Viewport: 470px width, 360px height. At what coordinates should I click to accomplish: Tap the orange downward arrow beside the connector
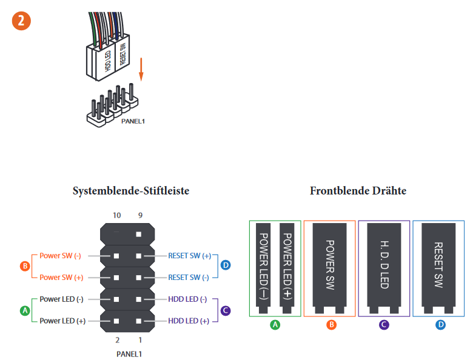pyautogui.click(x=141, y=68)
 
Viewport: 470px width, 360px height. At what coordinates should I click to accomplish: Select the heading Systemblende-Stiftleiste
pyautogui.click(x=131, y=191)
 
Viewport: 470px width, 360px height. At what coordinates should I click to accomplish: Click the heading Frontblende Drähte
pyautogui.click(x=358, y=191)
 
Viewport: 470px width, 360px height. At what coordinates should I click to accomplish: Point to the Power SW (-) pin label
pyautogui.click(x=61, y=256)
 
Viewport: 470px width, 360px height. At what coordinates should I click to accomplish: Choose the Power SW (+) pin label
pyautogui.click(x=61, y=277)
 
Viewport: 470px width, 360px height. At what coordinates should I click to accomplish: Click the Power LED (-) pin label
pyautogui.click(x=62, y=299)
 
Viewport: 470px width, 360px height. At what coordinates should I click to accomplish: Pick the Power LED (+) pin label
pyautogui.click(x=62, y=321)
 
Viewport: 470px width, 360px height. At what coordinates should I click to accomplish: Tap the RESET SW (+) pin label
pyautogui.click(x=190, y=256)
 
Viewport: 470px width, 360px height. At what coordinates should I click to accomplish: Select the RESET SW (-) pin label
pyautogui.click(x=190, y=277)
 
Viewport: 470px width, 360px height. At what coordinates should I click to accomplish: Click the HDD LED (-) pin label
pyautogui.click(x=188, y=299)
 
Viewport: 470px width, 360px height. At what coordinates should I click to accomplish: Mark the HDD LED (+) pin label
pyautogui.click(x=188, y=321)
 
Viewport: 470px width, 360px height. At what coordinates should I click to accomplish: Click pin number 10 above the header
pyautogui.click(x=117, y=215)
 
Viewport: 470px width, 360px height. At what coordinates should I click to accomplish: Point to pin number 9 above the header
pyautogui.click(x=140, y=215)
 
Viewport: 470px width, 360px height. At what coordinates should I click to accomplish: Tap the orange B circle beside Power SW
pyautogui.click(x=25, y=266)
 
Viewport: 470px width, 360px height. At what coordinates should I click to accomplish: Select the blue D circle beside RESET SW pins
pyautogui.click(x=226, y=266)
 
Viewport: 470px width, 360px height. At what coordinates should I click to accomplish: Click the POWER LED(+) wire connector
pyautogui.click(x=287, y=267)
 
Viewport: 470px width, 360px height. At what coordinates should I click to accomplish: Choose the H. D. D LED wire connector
pyautogui.click(x=384, y=267)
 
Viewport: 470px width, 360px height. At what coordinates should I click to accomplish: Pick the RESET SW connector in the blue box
pyautogui.click(x=438, y=267)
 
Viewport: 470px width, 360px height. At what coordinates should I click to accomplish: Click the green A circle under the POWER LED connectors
pyautogui.click(x=275, y=325)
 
